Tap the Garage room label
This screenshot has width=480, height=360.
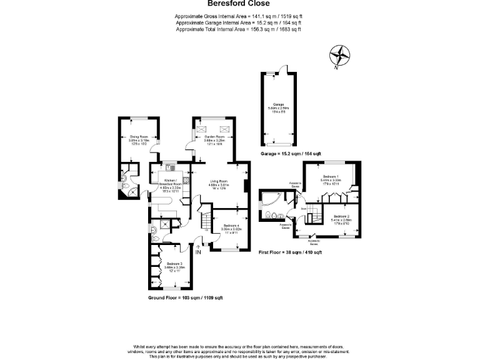click(278, 104)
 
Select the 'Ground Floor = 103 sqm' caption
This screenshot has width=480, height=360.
click(186, 298)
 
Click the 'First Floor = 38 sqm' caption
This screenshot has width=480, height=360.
click(290, 252)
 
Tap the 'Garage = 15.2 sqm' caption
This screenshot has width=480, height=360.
click(291, 153)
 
